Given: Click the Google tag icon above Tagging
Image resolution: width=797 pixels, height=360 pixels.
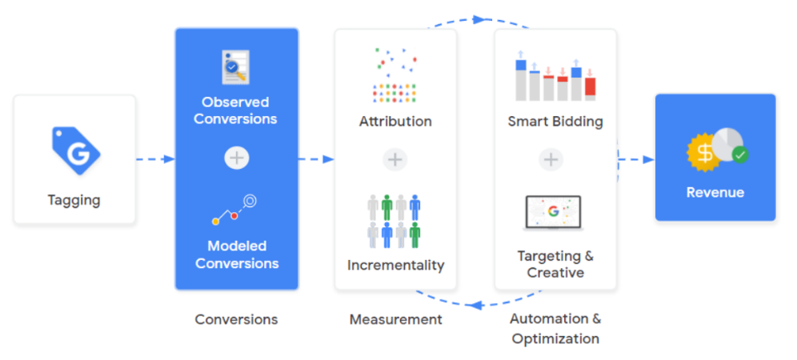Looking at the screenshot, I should [75, 150].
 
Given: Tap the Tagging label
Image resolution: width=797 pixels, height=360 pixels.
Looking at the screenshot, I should [75, 199].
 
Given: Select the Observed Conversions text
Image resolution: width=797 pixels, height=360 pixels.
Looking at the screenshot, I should [235, 110].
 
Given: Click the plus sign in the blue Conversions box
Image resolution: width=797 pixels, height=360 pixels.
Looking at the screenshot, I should [236, 158].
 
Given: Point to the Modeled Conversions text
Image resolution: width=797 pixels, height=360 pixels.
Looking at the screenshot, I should [237, 254].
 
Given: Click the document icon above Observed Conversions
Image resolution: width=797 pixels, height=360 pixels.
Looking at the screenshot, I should [235, 68].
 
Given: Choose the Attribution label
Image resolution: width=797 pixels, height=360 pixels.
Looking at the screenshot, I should [395, 122].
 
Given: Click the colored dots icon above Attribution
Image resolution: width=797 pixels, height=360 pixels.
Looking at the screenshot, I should [395, 76].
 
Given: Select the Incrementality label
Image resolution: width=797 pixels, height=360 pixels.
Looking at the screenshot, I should [395, 265].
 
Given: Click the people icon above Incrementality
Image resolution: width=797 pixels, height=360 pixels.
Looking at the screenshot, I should [394, 220].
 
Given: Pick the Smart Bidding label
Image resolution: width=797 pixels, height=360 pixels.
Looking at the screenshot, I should [555, 122].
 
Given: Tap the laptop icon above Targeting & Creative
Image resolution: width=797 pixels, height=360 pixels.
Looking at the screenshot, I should [553, 214].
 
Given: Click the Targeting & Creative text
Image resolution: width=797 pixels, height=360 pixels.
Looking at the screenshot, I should [555, 264].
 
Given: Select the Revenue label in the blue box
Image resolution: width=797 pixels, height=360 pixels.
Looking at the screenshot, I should [715, 192].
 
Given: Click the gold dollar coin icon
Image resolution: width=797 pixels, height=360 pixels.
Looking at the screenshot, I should [703, 153].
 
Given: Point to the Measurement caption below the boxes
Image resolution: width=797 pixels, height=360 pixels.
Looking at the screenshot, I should [395, 319].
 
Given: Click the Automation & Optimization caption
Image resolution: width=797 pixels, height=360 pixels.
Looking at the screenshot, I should [555, 328].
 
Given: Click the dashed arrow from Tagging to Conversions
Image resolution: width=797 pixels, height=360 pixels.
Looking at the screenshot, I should [155, 159].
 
